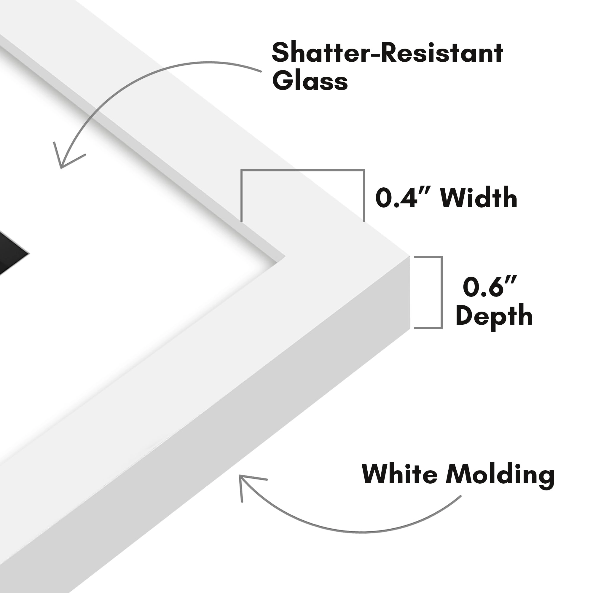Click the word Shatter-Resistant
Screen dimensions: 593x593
pyautogui.click(x=387, y=53)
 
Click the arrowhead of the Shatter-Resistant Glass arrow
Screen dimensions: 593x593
pyautogui.click(x=61, y=167)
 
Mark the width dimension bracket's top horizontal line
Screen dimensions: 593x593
pyautogui.click(x=303, y=170)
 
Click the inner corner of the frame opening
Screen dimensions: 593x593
pyautogui.click(x=285, y=255)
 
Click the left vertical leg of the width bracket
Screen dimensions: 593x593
pyautogui.click(x=242, y=196)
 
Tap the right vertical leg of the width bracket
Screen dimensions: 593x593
pyautogui.click(x=364, y=196)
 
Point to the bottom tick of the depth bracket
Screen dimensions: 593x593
pyautogui.click(x=428, y=328)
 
